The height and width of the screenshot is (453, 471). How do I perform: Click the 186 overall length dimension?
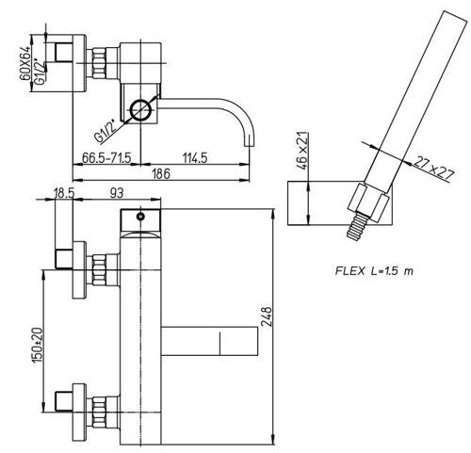click(161, 173)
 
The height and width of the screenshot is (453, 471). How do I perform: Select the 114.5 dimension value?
click(195, 157)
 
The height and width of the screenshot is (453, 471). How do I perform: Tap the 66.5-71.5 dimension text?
click(106, 157)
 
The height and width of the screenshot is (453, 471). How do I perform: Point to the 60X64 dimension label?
click(25, 63)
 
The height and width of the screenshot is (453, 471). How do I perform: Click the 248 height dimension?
click(267, 316)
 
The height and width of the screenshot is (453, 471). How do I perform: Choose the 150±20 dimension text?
click(37, 346)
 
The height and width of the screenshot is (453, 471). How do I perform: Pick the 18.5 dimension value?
click(64, 193)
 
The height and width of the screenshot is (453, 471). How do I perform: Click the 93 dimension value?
click(117, 193)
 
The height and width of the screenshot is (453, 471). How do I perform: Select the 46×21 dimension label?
click(302, 151)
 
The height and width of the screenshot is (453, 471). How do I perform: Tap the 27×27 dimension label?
click(434, 169)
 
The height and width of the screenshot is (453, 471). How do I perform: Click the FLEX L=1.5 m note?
click(374, 270)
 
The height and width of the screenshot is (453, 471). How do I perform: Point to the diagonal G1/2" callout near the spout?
click(106, 132)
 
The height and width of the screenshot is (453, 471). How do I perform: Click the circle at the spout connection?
click(141, 110)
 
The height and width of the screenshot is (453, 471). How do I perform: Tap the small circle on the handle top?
click(140, 217)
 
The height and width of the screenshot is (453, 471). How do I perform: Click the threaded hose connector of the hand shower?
click(357, 226)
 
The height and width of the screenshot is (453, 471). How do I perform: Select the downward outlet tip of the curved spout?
click(250, 140)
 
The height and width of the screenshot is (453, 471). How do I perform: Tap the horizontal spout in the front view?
click(209, 341)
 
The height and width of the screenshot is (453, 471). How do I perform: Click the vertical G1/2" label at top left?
click(41, 72)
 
